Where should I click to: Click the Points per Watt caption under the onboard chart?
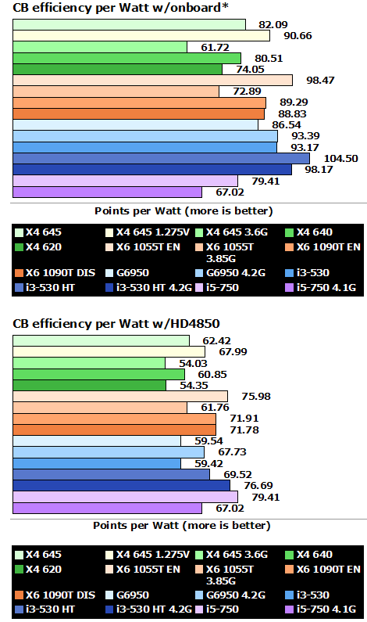183,210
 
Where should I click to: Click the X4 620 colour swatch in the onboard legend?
20,246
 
